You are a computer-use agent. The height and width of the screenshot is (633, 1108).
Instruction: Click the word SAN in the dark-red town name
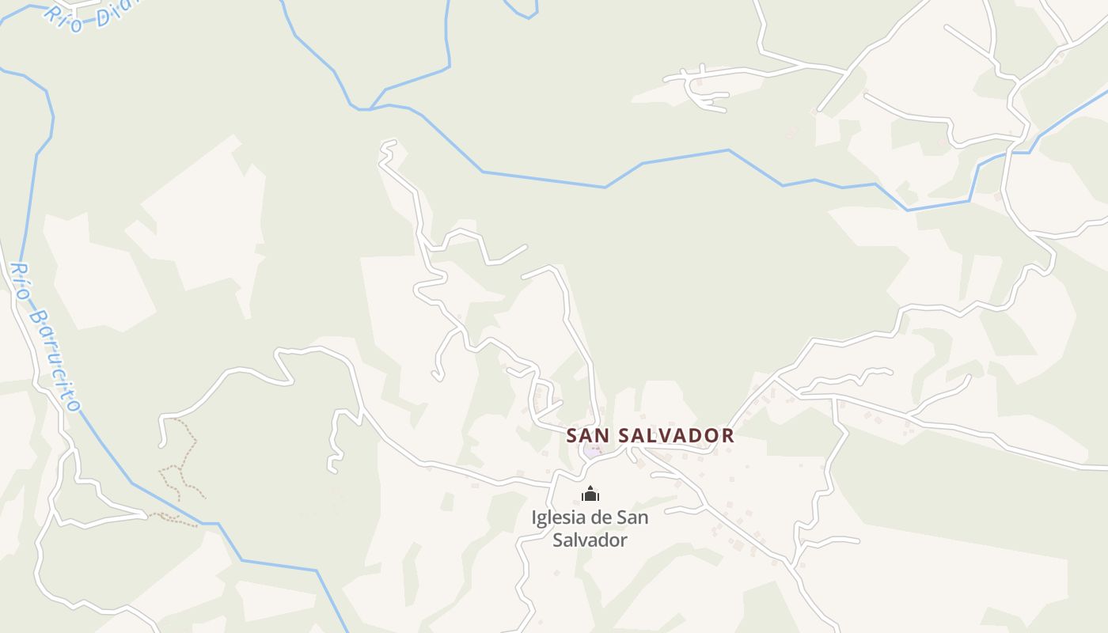[588, 435]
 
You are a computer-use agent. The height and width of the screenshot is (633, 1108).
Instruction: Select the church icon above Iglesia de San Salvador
[590, 495]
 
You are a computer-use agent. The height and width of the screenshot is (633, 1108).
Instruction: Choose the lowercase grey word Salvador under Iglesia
[590, 540]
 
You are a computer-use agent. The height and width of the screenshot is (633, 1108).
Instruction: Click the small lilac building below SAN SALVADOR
[592, 451]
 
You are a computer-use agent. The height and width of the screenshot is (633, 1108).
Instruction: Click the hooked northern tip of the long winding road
[388, 146]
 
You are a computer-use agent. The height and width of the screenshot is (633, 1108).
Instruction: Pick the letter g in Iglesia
[544, 520]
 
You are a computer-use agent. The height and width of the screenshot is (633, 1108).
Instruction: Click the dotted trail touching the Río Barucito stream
[170, 516]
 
